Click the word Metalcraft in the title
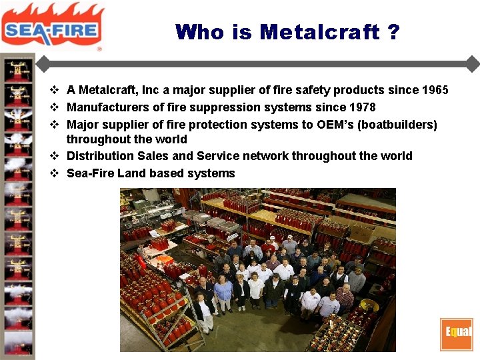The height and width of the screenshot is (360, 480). point(319,31)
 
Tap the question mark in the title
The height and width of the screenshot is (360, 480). point(393,31)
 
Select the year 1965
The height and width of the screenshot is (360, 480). point(435,90)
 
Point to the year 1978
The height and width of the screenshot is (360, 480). point(362,107)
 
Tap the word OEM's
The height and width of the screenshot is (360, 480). point(338,125)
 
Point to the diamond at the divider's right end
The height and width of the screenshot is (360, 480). point(473,64)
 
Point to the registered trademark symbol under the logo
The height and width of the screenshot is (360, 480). point(99,49)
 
